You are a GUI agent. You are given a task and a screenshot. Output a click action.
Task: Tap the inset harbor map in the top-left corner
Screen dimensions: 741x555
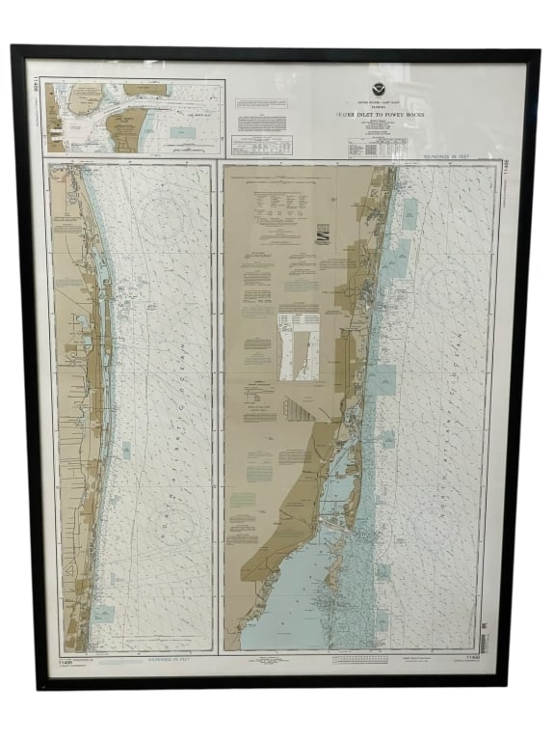(134, 117)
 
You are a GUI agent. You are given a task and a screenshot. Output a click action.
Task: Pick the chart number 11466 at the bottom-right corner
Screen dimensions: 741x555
(472, 657)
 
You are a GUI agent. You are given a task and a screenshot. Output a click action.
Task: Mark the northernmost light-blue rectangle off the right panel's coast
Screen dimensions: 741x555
(410, 214)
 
